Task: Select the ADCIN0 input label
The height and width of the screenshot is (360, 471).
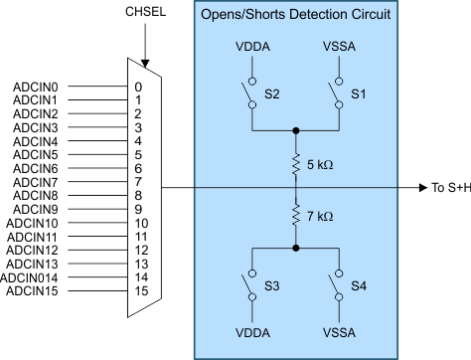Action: tap(37, 87)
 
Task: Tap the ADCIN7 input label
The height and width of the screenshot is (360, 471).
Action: tap(37, 184)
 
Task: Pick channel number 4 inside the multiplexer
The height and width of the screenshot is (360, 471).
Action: tap(139, 142)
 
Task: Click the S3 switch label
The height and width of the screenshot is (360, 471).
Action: tap(271, 285)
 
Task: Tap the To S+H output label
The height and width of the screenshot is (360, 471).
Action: tap(449, 187)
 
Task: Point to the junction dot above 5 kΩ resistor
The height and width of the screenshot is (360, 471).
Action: tap(296, 130)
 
